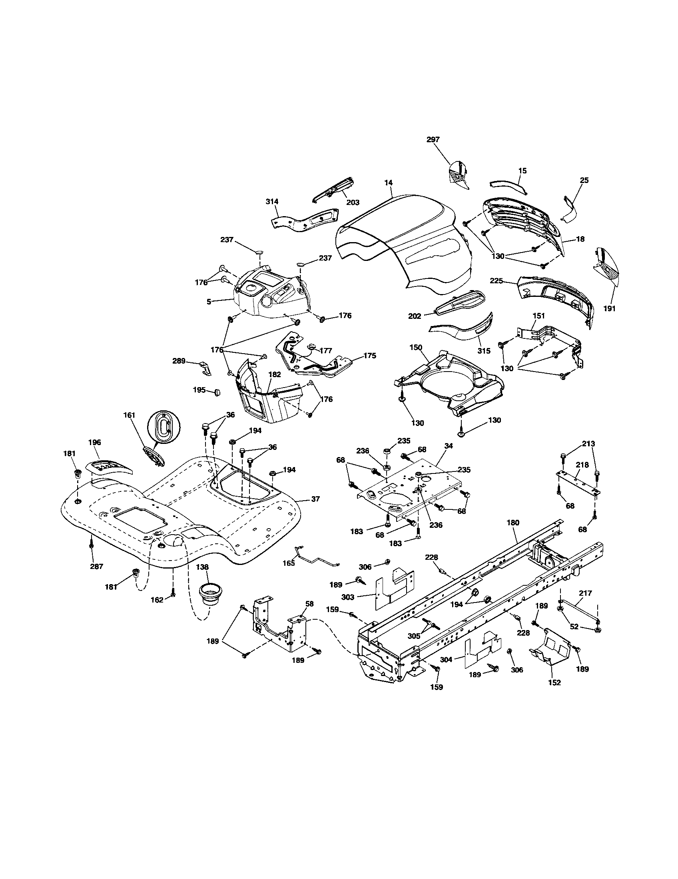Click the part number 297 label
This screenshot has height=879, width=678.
[433, 139]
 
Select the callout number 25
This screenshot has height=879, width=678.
[584, 180]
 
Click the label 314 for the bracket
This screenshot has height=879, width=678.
[272, 201]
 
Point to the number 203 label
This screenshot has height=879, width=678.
[353, 203]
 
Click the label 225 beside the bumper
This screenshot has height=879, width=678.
[497, 281]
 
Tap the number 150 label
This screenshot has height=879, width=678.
[416, 347]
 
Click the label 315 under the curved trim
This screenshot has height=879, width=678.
[484, 351]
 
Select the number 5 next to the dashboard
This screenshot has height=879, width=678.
[209, 300]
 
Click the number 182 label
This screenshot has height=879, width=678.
[274, 374]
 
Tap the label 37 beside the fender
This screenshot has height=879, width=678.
[315, 499]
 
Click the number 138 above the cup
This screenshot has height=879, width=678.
[202, 567]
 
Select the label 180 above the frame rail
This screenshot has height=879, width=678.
[513, 523]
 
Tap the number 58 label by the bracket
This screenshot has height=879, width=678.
[309, 615]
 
